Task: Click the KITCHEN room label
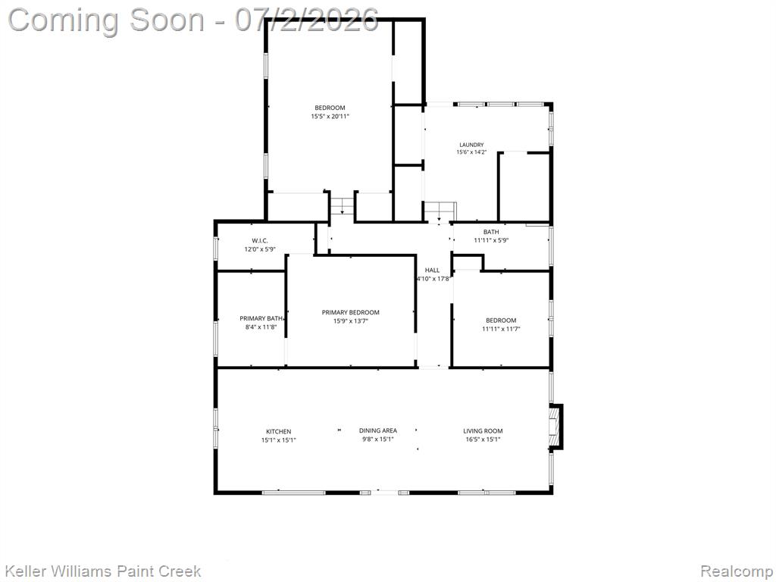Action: coord(279,431)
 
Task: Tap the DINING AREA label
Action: coord(378,430)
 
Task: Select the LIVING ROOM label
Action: coord(483,431)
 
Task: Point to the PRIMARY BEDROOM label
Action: coord(350,312)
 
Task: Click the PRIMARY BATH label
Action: coord(261,318)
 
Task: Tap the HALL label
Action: coord(432,271)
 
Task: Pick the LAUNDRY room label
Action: coord(471,145)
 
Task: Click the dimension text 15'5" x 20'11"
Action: coord(330,116)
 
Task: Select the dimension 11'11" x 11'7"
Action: coord(501,329)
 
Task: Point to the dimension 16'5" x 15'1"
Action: coord(483,440)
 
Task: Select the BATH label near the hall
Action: coord(491,232)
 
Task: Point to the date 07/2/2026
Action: coord(307,20)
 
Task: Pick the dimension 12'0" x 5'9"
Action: coord(259,249)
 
